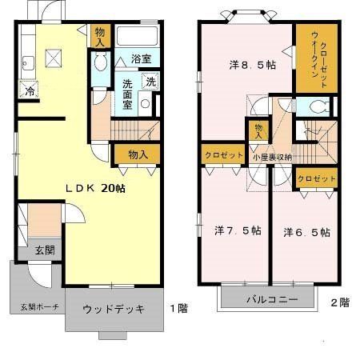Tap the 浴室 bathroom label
141,58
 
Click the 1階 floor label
179,307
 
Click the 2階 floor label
339,302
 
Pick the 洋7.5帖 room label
237,231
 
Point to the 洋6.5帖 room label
306,232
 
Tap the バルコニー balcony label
271,299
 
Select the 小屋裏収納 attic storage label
272,157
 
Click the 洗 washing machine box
150,82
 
